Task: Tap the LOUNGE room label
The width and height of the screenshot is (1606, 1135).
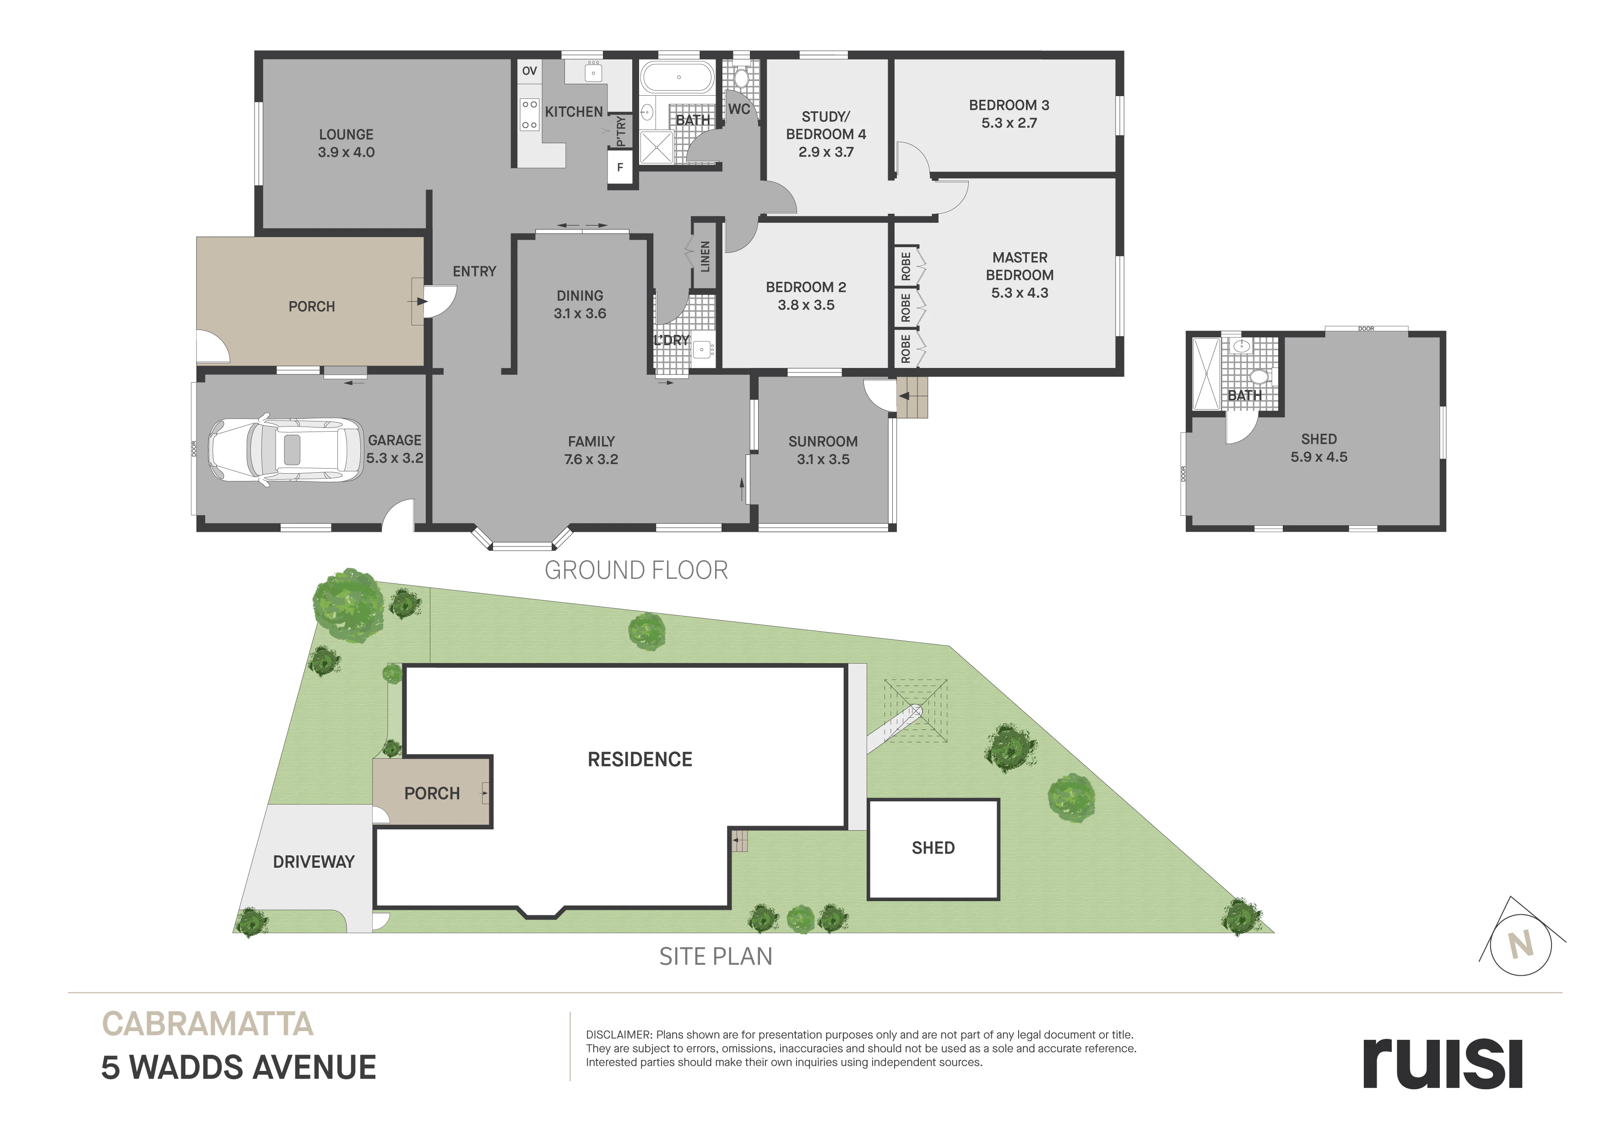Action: (x=346, y=134)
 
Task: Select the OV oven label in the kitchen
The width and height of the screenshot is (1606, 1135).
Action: (x=530, y=70)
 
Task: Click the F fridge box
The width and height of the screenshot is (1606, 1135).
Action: (x=620, y=168)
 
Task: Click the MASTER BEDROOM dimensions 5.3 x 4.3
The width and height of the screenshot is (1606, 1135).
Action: (x=1020, y=293)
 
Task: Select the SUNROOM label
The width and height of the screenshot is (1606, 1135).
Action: (x=823, y=441)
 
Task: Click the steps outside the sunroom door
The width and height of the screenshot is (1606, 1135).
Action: (x=912, y=397)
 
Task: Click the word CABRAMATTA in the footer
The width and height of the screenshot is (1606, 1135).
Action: (x=208, y=1025)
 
